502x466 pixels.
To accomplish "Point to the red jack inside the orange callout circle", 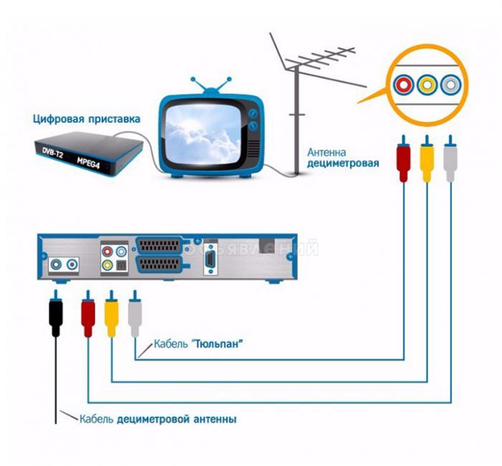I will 403,85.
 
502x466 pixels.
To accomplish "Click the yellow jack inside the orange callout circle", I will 427,85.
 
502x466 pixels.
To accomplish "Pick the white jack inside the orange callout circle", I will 450,85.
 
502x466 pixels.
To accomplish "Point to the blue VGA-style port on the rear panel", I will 211,258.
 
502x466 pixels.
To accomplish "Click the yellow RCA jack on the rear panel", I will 108,265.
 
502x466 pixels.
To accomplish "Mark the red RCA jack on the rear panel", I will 108,252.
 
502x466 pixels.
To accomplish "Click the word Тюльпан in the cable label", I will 217,345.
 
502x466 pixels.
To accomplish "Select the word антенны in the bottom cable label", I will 214,419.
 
